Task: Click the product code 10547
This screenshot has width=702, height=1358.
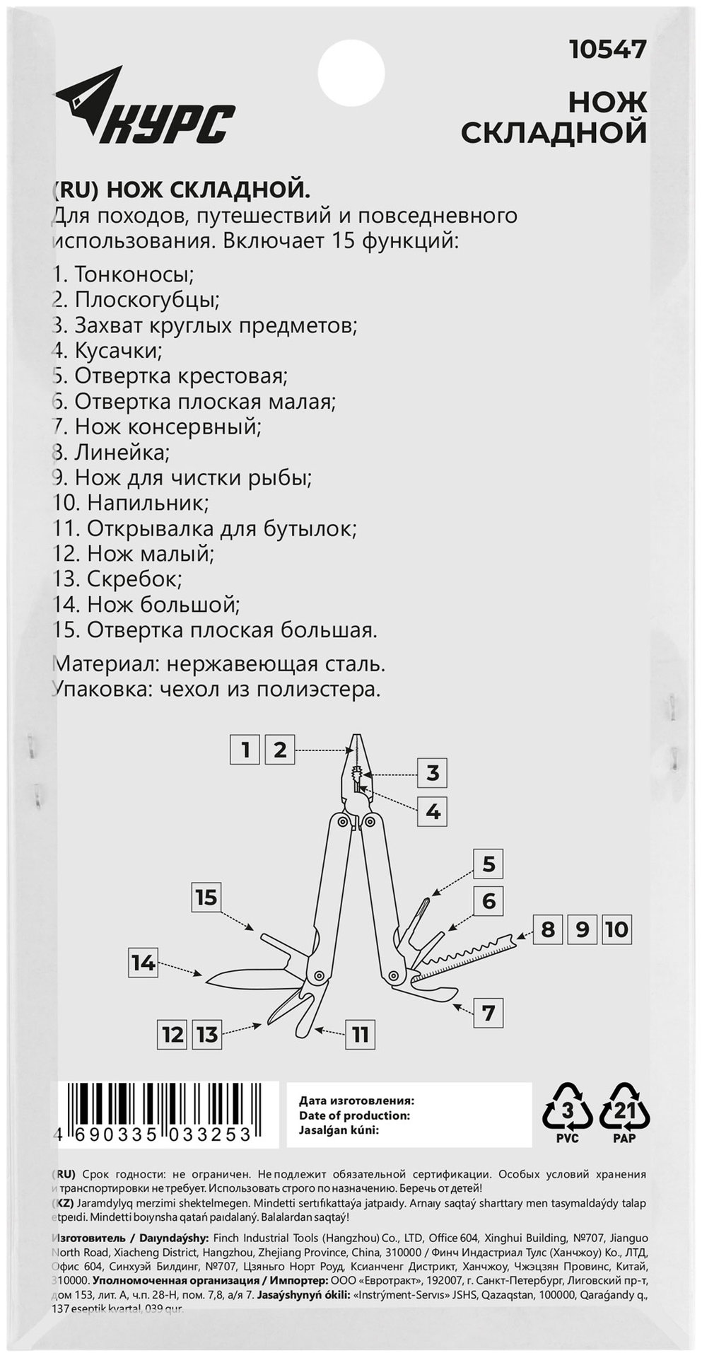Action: pyautogui.click(x=608, y=50)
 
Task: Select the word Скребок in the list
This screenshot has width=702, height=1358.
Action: pyautogui.click(x=134, y=579)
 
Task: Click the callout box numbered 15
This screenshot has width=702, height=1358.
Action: pyautogui.click(x=206, y=898)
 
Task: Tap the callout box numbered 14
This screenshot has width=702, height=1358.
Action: pyautogui.click(x=143, y=963)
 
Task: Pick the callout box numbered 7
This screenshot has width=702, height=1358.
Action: pyautogui.click(x=488, y=1013)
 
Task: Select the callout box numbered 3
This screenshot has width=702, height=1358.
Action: pyautogui.click(x=433, y=773)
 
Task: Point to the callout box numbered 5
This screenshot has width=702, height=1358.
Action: pyautogui.click(x=489, y=864)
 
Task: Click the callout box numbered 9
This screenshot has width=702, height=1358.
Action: pyautogui.click(x=582, y=929)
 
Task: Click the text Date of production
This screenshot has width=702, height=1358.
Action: pyautogui.click(x=355, y=1116)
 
